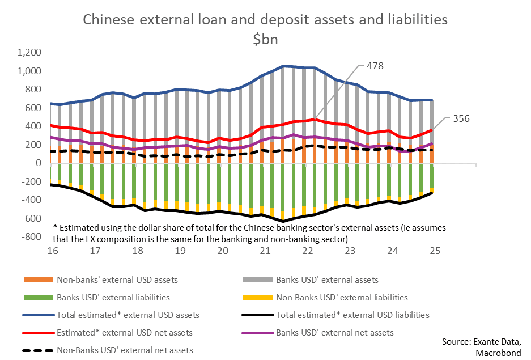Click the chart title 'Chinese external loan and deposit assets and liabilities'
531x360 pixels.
[x=265, y=20]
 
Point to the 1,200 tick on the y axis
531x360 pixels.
[x=30, y=53]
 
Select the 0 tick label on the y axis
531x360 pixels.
[x=39, y=163]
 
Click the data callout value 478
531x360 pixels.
[x=375, y=66]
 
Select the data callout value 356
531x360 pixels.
[x=461, y=118]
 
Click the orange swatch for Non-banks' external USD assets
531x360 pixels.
[x=37, y=279]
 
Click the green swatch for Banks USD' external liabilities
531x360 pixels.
[x=37, y=297]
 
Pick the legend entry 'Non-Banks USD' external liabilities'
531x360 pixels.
[x=342, y=297]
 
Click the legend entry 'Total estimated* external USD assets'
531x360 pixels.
[x=128, y=315]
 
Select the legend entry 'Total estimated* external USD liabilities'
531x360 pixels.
[x=352, y=315]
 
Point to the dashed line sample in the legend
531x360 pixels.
[x=37, y=350]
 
